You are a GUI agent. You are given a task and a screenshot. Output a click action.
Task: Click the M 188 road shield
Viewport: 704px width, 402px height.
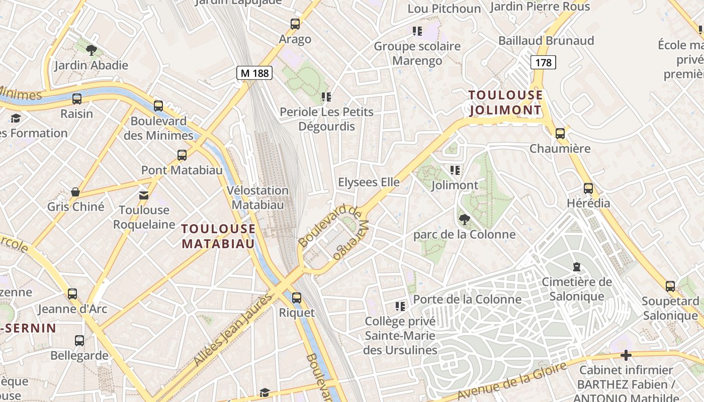click(x=254, y=73)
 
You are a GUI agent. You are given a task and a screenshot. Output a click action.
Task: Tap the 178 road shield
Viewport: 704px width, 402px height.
click(x=543, y=62)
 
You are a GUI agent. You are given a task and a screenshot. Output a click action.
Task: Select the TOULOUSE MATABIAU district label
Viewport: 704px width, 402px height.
click(x=218, y=236)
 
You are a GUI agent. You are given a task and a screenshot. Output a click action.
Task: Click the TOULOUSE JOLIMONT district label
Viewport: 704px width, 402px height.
click(x=505, y=103)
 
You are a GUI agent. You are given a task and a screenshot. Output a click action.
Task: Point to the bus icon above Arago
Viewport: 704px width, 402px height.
click(x=295, y=24)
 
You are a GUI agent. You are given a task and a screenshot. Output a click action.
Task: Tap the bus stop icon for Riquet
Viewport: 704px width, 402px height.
click(x=297, y=297)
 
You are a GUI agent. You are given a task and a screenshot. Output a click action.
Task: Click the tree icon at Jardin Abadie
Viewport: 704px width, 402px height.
click(x=91, y=50)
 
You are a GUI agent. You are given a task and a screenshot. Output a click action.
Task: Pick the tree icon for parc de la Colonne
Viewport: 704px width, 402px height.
click(x=464, y=219)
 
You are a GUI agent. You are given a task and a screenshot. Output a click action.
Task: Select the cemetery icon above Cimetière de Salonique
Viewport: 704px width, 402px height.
click(x=576, y=267)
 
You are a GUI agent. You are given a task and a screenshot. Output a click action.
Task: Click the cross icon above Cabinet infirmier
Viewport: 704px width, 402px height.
click(x=626, y=355)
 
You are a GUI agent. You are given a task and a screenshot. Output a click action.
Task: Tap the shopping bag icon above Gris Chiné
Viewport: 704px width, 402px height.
click(x=75, y=192)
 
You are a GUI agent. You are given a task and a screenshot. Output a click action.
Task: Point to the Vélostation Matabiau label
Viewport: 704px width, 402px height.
click(x=257, y=197)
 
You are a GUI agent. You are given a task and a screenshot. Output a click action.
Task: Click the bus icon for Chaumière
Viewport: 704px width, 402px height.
click(x=560, y=134)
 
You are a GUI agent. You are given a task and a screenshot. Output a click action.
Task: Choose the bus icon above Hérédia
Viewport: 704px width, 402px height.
click(x=588, y=188)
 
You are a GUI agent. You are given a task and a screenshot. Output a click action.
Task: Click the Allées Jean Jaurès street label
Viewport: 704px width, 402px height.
click(x=233, y=329)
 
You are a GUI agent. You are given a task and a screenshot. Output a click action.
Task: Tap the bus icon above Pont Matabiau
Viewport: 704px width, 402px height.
click(x=182, y=155)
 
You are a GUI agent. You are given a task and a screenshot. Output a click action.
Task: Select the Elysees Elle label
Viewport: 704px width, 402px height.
click(x=369, y=182)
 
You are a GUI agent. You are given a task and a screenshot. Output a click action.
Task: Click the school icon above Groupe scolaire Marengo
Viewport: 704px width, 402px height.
click(x=417, y=31)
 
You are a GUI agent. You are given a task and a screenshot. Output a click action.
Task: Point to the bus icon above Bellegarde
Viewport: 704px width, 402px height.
click(x=79, y=341)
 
